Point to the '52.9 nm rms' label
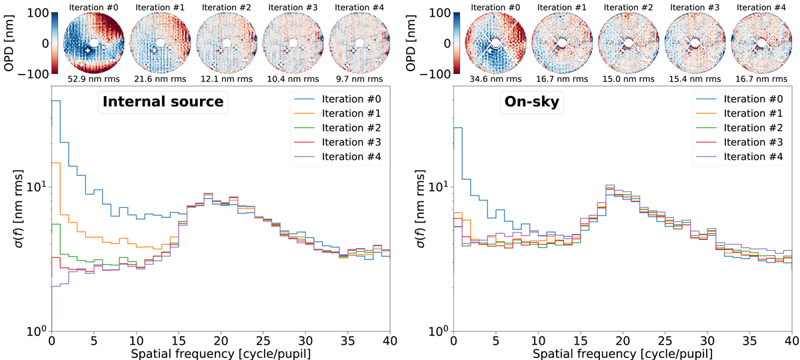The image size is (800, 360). point(94,80)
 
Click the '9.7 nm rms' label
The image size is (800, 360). point(361,80)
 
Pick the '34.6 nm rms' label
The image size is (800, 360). point(495,80)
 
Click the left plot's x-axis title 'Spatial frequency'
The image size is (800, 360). point(220,354)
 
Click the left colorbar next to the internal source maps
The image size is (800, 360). point(56,43)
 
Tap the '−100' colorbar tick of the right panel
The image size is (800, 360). point(440,73)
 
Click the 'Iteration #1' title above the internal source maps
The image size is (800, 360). point(161,7)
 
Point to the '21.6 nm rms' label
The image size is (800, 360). point(161,80)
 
